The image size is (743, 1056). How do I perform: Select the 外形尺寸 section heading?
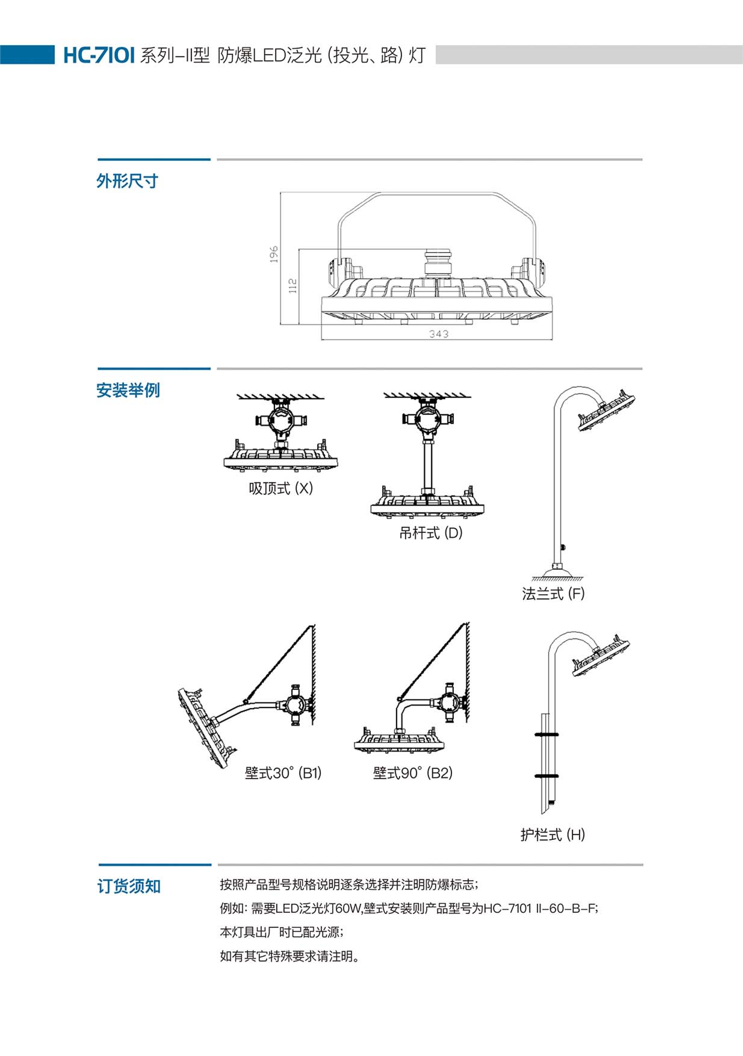point(127,181)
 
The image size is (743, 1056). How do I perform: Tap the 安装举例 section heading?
point(128,390)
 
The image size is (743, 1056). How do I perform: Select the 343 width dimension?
point(439,334)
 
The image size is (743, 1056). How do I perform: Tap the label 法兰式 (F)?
point(553,593)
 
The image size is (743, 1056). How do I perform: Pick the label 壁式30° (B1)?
point(283,773)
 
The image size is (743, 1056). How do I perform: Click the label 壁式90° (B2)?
point(412,773)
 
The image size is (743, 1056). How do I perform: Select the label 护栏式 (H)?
point(552,834)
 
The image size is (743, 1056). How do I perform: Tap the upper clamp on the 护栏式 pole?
point(547,735)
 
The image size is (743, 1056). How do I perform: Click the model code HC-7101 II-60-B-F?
point(540,909)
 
